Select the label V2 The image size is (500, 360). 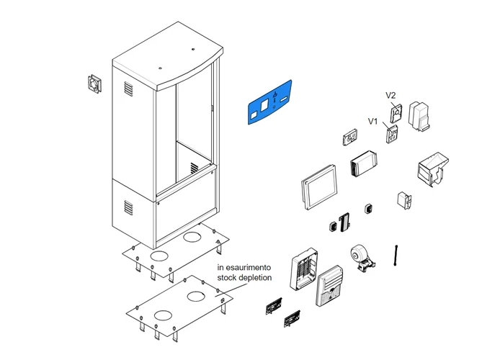pyautogui.click(x=391, y=95)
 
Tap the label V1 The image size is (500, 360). pyautogui.click(x=373, y=121)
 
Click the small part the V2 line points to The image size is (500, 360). pyautogui.click(x=396, y=113)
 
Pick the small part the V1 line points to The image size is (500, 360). pyautogui.click(x=392, y=134)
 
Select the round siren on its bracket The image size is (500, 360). pyautogui.click(x=361, y=257)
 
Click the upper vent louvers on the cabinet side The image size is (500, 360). pyautogui.click(x=128, y=89)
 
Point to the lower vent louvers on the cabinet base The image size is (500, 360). pyautogui.click(x=128, y=207)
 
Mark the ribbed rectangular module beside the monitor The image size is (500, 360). pyautogui.click(x=365, y=166)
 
